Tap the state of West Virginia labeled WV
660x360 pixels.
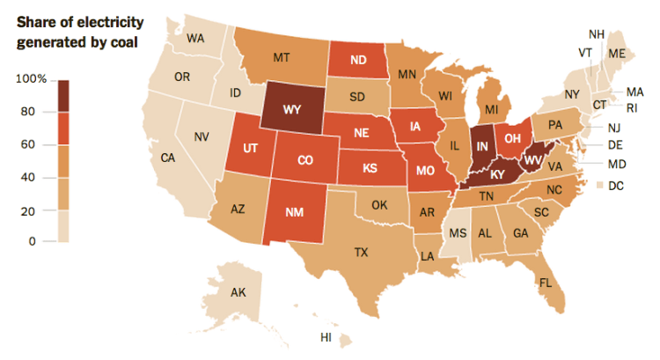(x=532, y=161)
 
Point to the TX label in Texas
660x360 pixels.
(x=361, y=251)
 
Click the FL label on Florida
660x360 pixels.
(x=546, y=283)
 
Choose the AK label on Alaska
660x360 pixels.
(x=238, y=292)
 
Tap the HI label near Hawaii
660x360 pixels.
(x=326, y=337)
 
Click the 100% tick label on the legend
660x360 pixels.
(x=32, y=80)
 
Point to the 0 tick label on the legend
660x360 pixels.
(x=32, y=240)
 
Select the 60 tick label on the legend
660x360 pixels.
(x=28, y=144)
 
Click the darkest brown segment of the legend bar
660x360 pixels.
(x=63, y=96)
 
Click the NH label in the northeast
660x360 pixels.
(x=597, y=34)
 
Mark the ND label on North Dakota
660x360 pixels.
(x=358, y=61)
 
